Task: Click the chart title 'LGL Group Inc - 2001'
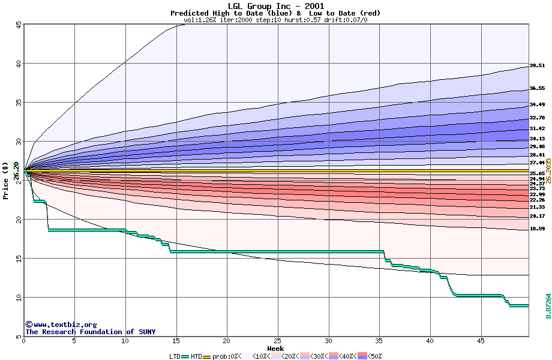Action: (x=276, y=6)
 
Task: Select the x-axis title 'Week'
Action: (x=275, y=349)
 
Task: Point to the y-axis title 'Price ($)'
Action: (x=6, y=181)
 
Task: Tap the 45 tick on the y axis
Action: (x=19, y=25)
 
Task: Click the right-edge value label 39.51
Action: (x=537, y=66)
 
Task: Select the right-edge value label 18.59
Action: (x=537, y=229)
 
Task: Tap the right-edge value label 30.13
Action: (x=537, y=139)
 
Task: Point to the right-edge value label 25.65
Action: (x=537, y=173)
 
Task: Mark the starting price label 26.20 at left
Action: (x=16, y=171)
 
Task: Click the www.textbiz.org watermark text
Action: (x=61, y=325)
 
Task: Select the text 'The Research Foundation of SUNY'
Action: (x=90, y=332)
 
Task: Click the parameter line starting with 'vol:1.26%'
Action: (x=276, y=20)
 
